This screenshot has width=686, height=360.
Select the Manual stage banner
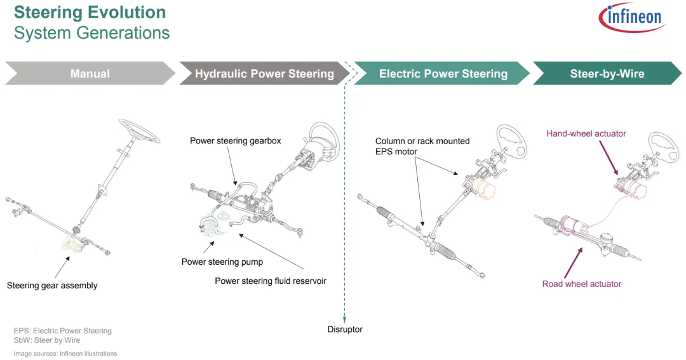point(90,74)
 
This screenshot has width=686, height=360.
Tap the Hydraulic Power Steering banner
point(264,74)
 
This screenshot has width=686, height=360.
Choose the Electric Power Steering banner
point(443,74)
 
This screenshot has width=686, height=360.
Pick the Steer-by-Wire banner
point(607,74)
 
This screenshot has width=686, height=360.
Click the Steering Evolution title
point(90,12)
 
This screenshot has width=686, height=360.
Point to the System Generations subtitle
point(91,33)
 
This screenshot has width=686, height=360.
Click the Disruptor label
point(345,329)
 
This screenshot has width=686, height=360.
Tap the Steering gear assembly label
point(52,286)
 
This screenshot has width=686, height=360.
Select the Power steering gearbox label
point(235,140)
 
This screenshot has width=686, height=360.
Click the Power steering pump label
point(222,262)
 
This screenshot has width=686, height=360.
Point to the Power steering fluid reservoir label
point(270,281)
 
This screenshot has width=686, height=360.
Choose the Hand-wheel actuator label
point(586,133)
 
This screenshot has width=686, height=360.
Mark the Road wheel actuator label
point(581,284)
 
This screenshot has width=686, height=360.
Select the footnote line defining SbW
point(47,340)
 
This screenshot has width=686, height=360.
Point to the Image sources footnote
point(65,354)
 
